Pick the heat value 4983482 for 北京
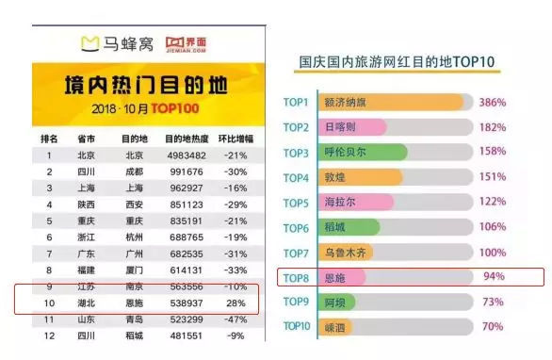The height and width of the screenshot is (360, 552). pos(191,155)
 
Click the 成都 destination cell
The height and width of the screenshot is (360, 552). pos(135,172)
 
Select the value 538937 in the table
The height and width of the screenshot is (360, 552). pos(191,303)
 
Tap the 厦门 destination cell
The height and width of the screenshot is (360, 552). pos(135,270)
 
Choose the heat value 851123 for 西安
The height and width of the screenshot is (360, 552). pos(191,205)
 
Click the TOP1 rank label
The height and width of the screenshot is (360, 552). pos(297,102)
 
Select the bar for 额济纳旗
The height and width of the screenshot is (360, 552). pos(395,102)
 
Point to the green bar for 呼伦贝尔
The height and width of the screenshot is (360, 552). pos(364,152)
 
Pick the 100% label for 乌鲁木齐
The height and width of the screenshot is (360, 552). pos(494,253)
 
